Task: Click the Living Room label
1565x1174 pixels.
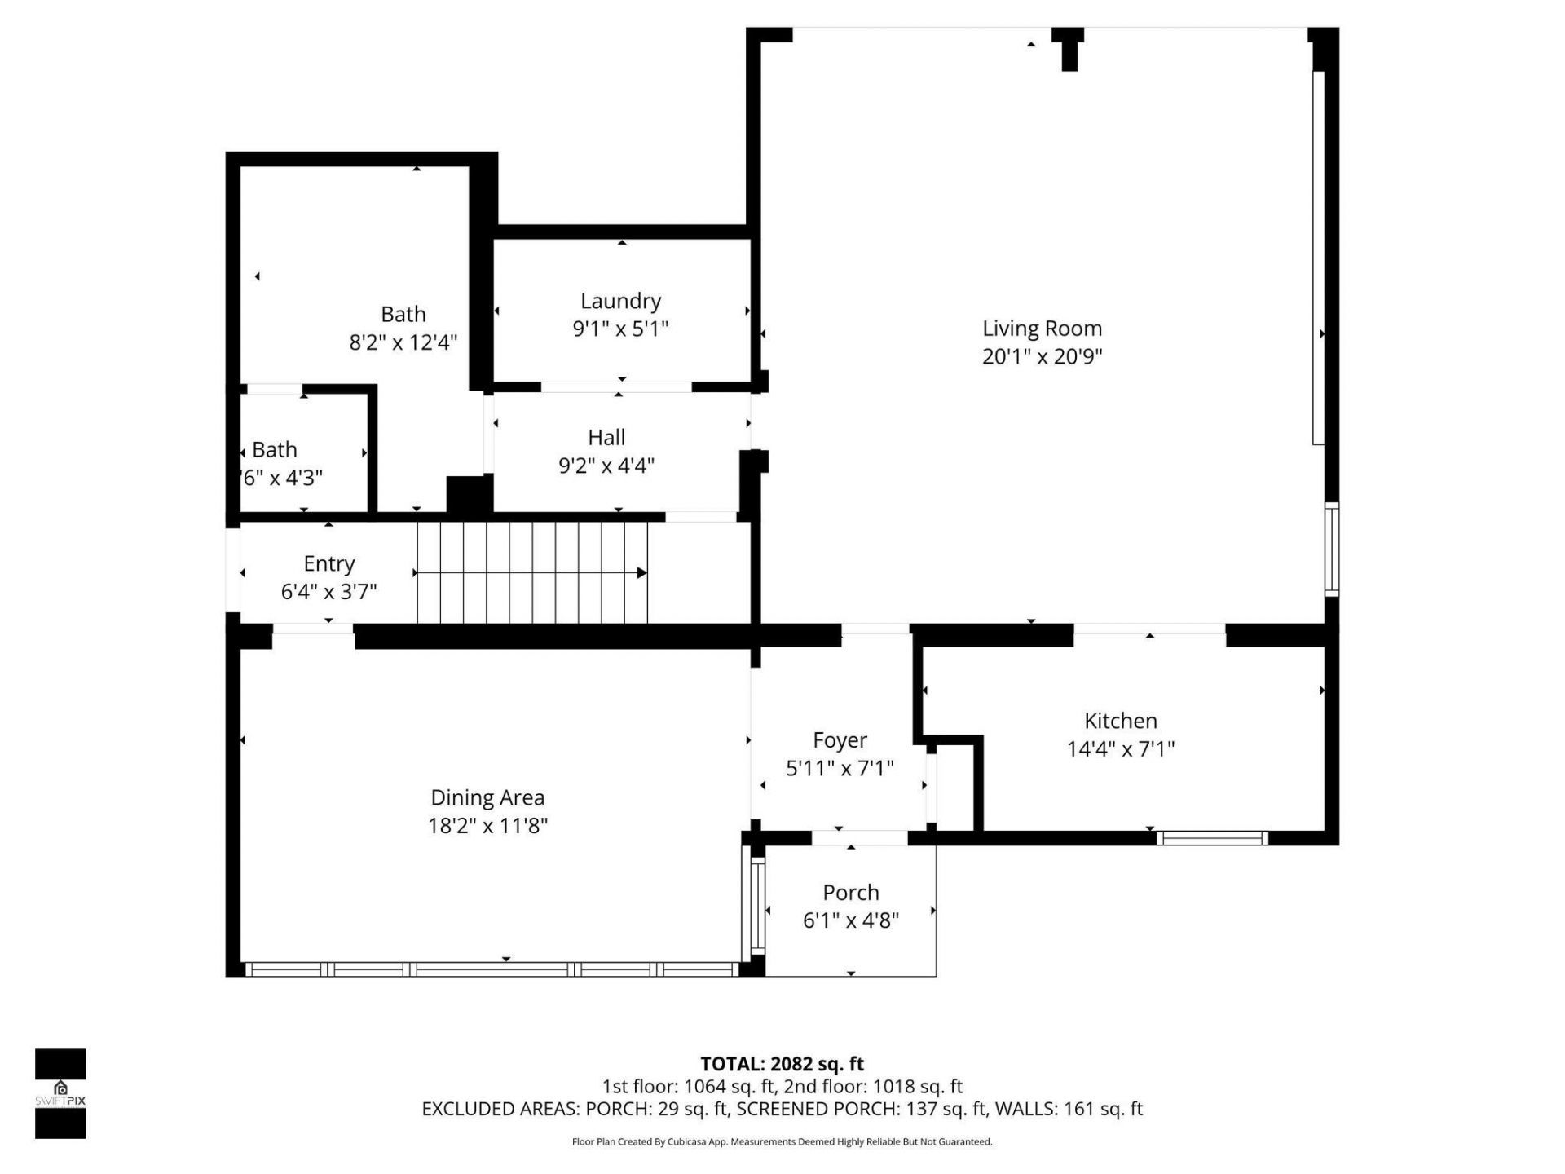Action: tap(1042, 329)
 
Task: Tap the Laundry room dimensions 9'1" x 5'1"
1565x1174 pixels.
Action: tap(620, 329)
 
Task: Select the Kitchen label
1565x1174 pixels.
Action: tap(1120, 721)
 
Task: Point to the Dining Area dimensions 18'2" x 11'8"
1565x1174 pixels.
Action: tap(487, 826)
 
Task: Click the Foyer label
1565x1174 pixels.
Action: tap(840, 740)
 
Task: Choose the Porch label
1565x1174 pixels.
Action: tap(850, 893)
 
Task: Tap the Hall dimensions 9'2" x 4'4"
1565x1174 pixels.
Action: tap(606, 466)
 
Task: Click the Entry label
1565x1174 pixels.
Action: tap(328, 563)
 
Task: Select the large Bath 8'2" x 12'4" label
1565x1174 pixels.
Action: tap(403, 315)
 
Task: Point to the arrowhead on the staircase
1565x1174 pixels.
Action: tap(642, 573)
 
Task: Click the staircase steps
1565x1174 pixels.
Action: tap(530, 573)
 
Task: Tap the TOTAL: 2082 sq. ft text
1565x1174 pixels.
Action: tap(782, 1064)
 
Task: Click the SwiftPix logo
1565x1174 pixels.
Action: tap(60, 1092)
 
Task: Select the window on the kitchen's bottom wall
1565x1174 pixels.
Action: tap(1212, 837)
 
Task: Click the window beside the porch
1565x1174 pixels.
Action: tap(757, 906)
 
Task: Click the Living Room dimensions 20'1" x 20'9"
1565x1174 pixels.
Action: tap(1042, 356)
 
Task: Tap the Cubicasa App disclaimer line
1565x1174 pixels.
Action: tap(782, 1142)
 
